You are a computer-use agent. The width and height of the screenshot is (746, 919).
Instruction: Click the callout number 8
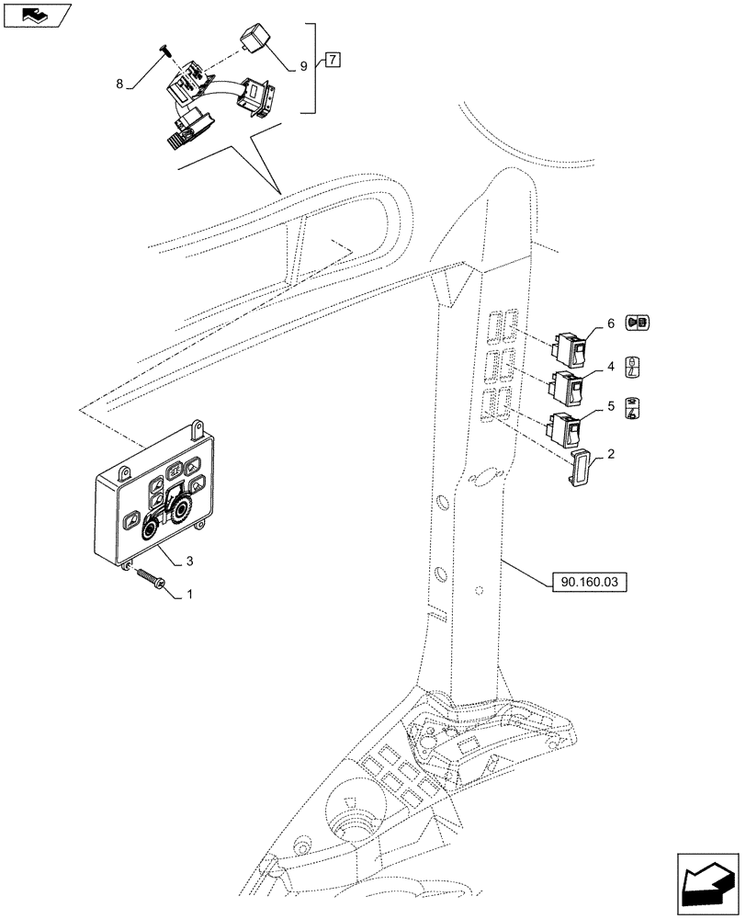[x=119, y=84]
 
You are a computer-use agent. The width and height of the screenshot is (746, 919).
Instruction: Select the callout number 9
[x=303, y=67]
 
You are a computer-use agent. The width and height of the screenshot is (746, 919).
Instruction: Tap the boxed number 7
[x=332, y=61]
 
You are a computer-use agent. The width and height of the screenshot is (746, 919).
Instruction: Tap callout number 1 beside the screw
[x=189, y=595]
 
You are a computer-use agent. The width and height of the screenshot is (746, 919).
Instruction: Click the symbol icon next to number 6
[x=637, y=323]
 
